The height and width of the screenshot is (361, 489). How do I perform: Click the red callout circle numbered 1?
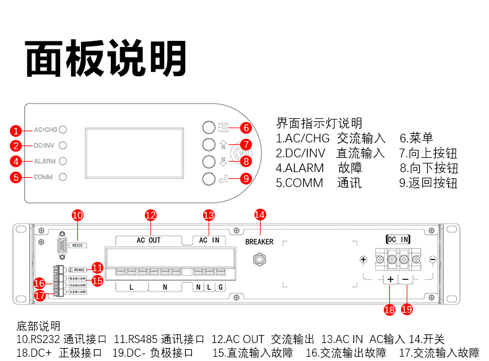16,131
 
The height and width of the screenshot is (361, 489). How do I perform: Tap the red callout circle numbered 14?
260,214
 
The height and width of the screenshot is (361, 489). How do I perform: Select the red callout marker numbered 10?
77,215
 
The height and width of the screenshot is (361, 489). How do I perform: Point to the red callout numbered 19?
407,309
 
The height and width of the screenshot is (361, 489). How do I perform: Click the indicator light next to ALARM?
63,161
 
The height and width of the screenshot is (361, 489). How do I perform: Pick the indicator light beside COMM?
63,177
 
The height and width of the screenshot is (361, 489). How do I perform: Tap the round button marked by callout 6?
208,128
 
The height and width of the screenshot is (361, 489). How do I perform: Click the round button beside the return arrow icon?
208,179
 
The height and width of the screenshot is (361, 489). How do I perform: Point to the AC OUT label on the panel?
149,240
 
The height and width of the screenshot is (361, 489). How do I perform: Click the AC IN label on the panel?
209,240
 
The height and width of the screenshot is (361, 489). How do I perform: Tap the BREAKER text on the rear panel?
259,242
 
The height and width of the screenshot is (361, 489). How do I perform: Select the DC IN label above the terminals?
397,239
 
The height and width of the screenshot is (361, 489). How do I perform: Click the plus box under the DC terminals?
390,280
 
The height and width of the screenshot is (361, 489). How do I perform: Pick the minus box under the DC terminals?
406,280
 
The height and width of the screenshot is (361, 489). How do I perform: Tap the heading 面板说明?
106,59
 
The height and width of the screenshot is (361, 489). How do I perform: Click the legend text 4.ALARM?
300,168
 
